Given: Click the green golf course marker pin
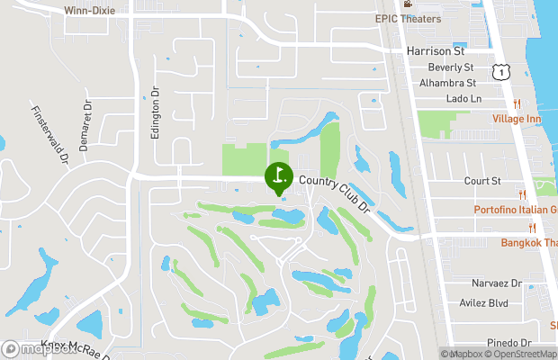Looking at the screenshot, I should [277, 175].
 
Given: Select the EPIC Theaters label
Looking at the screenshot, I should [409, 17].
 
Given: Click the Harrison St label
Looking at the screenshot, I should [434, 51].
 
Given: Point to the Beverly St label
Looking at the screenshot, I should [450, 67].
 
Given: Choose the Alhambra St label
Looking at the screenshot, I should [446, 83].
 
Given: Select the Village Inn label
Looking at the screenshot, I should [517, 119].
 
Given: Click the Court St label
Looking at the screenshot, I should [482, 181].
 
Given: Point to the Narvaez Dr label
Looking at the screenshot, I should [497, 283].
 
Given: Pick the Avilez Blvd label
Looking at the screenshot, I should [496, 303].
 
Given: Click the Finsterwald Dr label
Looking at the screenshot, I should [50, 135].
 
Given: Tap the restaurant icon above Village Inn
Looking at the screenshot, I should [521, 103].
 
